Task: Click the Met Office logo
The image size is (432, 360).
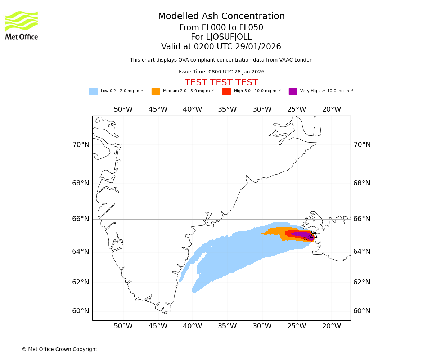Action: (22, 25)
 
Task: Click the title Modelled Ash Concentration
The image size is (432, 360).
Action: (221, 17)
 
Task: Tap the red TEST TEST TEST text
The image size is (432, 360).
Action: (221, 83)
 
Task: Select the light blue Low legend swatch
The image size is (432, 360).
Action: (93, 91)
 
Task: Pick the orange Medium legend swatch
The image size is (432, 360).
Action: (156, 91)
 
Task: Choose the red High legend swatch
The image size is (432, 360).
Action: (226, 91)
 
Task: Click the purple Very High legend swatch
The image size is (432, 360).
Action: (293, 91)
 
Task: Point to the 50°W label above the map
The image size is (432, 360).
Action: (123, 109)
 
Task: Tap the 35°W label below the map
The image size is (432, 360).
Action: (227, 326)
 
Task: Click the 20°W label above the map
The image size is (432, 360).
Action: (332, 109)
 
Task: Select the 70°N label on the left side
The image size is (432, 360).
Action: (81, 145)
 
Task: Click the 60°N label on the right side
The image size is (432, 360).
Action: (362, 311)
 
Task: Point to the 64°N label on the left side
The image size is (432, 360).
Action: (81, 251)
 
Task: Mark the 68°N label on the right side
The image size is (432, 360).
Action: (362, 183)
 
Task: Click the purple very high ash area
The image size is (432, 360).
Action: (301, 234)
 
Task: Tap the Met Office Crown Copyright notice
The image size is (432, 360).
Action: (59, 350)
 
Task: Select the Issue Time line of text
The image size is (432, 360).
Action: (221, 72)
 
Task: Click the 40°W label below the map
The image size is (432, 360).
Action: (193, 326)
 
